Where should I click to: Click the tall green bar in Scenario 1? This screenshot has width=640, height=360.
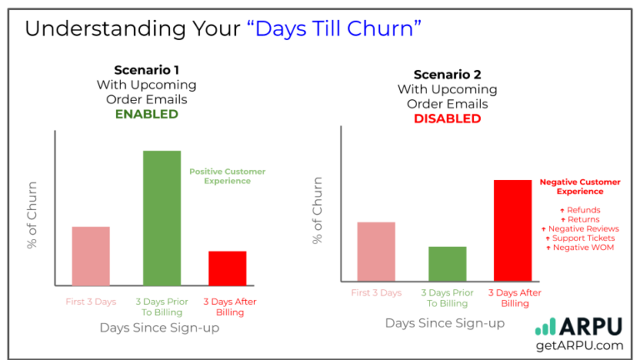pos(162,217)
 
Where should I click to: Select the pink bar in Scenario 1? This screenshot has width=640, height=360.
pos(91,256)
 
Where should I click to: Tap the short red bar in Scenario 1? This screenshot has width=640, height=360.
pos(227,268)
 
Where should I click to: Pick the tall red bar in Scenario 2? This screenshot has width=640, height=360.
pos(512,231)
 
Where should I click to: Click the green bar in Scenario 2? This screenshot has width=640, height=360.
pos(447,263)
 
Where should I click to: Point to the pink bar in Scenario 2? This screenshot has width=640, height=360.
pos(376,251)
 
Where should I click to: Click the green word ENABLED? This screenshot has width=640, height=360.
pos(146,114)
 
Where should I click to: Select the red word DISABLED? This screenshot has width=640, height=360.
pos(447,118)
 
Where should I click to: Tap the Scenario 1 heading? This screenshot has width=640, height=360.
pos(146,70)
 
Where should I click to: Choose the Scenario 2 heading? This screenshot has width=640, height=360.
pos(447,74)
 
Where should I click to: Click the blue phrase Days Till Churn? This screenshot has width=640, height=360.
pos(335,28)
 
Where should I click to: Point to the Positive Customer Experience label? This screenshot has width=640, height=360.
pos(227,176)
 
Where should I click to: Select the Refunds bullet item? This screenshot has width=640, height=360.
pos(580,210)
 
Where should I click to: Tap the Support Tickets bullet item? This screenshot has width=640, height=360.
pos(580,238)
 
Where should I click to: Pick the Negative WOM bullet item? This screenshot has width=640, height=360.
pos(580,247)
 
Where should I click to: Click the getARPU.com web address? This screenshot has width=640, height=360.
pos(580,345)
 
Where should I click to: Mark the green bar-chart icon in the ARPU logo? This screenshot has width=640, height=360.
pos(546,326)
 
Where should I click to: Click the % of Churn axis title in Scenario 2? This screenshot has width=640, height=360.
pos(317,210)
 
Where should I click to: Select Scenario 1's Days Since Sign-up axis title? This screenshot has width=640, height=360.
pos(159,328)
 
